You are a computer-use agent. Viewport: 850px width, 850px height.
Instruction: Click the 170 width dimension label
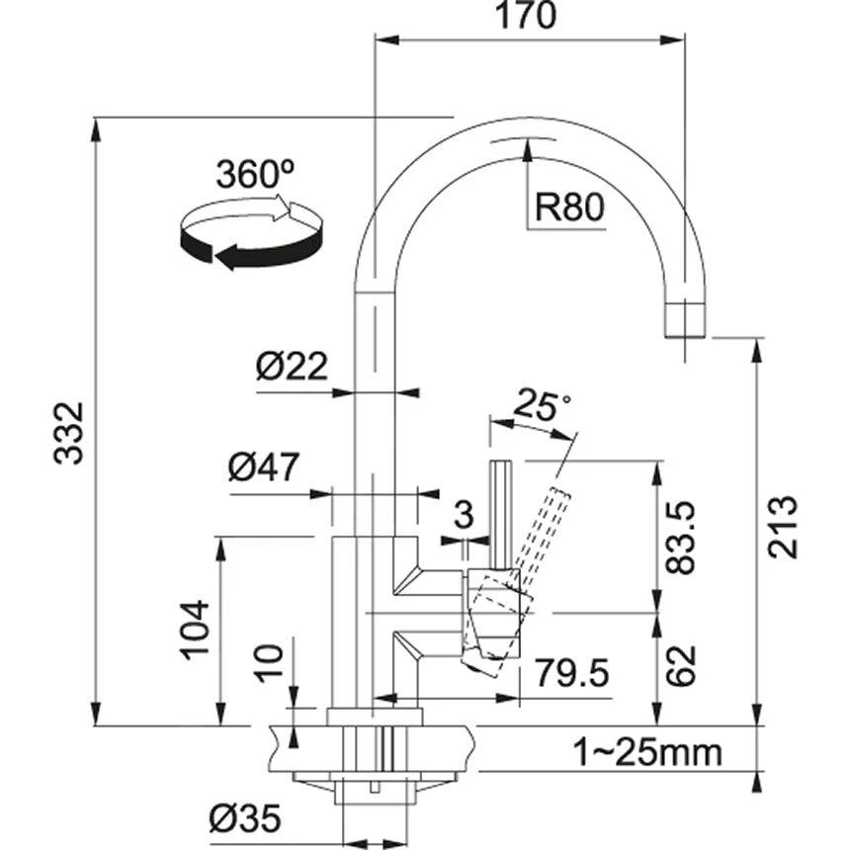528,17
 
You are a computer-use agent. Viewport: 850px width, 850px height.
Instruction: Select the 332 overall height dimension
68,433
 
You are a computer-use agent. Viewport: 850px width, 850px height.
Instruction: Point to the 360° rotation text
255,175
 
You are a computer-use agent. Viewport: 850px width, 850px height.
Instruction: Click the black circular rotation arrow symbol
251,232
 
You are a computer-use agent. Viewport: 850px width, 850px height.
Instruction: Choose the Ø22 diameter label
291,368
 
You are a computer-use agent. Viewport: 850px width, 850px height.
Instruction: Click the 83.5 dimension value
683,539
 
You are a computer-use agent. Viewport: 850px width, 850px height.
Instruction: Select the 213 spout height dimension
783,526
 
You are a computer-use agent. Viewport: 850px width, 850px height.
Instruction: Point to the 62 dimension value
682,668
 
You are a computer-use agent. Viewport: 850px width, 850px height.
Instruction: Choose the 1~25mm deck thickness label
647,753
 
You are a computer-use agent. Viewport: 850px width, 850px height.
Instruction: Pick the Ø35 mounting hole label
245,818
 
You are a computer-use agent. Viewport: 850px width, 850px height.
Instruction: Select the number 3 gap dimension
463,514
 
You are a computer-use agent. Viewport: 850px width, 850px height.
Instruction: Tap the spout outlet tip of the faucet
684,320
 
